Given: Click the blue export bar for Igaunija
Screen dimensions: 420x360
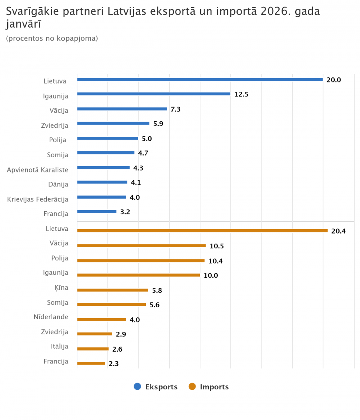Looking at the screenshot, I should tap(154, 94).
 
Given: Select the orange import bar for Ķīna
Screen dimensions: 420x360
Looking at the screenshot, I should tap(113, 290).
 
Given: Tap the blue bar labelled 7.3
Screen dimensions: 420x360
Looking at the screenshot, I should tap(122, 109).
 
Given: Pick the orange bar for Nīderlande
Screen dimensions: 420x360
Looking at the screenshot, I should tap(102, 319).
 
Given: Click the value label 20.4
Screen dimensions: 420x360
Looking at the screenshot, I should tap(338, 231).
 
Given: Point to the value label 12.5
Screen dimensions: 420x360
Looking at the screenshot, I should tap(242, 95).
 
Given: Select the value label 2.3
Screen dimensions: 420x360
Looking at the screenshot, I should tap(114, 364).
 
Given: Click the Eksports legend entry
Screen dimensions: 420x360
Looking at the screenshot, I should tap(156, 387).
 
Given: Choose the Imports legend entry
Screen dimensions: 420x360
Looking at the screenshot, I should tap(209, 387).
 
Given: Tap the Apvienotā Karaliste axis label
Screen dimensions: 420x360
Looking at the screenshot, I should tap(37, 170).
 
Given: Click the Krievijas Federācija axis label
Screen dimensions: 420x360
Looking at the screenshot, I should tap(38, 199).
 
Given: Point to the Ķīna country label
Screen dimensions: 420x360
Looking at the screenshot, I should tap(59, 288).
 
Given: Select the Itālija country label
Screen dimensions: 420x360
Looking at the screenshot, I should tap(59, 347).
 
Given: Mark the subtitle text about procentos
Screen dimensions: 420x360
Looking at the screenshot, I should tap(52, 38).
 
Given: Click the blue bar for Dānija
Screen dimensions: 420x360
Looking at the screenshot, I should tap(102, 182).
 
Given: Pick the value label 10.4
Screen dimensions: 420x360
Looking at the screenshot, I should tap(216, 261).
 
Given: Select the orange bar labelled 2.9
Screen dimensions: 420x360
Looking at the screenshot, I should tap(95, 334).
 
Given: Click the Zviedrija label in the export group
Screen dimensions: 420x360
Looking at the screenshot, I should tap(55, 125).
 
